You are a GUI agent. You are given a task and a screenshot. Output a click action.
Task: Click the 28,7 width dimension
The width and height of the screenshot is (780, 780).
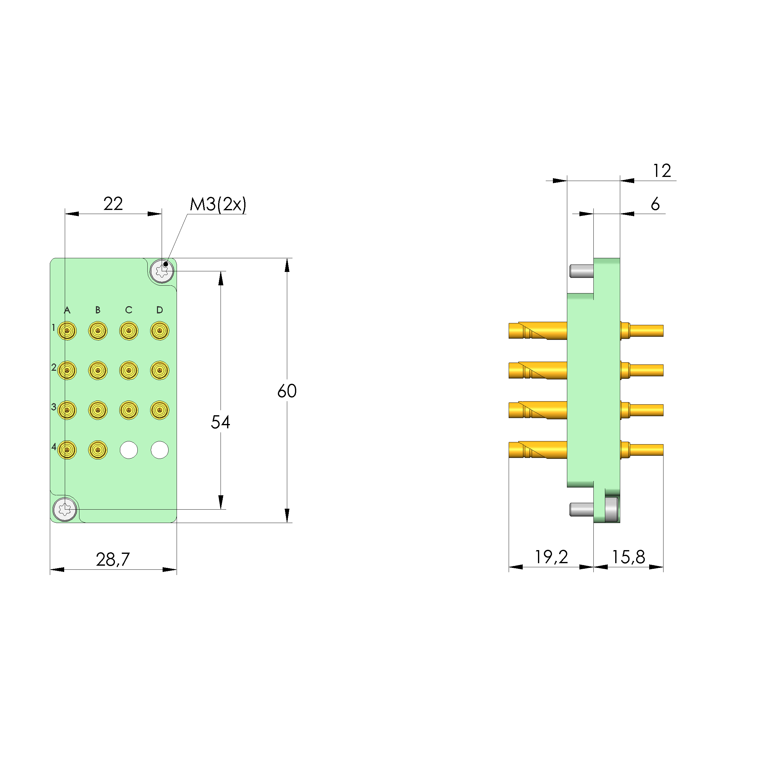tap(113, 559)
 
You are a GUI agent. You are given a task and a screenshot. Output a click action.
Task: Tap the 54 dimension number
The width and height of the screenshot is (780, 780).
tap(221, 422)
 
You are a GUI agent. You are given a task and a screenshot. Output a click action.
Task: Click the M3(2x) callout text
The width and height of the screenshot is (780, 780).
tap(218, 204)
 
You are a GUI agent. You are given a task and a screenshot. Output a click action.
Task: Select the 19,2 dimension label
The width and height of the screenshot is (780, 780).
tap(551, 557)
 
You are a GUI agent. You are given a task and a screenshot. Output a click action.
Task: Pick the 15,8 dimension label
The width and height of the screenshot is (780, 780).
tap(628, 557)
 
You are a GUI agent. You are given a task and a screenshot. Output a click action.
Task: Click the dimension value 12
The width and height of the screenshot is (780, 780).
tap(662, 170)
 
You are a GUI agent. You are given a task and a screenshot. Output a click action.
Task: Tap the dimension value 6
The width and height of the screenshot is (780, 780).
tap(655, 204)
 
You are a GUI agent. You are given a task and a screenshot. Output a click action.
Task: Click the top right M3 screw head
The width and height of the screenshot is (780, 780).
tap(162, 271)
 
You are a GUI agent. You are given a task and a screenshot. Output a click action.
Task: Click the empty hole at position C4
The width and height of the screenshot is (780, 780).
tap(129, 450)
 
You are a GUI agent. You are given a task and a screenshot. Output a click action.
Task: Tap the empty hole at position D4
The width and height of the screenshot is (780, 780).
tap(159, 450)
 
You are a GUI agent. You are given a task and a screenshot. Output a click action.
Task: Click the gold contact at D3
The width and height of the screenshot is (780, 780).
tap(159, 410)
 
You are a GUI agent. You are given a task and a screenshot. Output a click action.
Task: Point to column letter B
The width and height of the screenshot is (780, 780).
tap(98, 310)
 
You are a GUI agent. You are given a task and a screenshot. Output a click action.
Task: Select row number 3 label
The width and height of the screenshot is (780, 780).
tap(53, 407)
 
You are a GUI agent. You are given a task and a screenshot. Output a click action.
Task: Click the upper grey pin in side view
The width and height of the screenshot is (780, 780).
tap(581, 271)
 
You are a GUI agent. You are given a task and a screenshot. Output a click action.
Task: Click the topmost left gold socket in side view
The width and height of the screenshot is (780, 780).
tap(537, 331)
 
